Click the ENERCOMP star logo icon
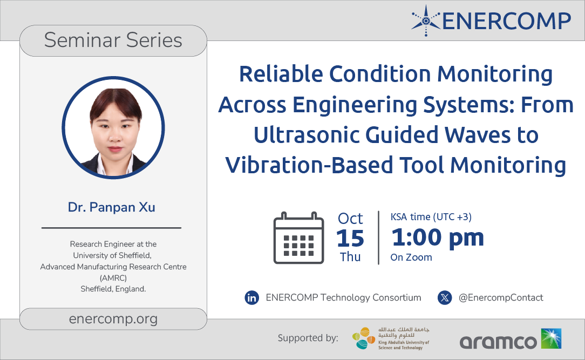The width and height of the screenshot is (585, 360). pos(426,21)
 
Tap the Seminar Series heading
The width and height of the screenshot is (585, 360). pos(113,40)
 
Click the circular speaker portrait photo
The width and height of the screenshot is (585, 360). pos(113,127)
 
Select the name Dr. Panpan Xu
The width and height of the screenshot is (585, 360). pos(112,207)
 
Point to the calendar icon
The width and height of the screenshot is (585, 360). pos(298,238)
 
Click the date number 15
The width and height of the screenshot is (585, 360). pos(350,238)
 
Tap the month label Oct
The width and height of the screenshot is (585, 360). pos(350,218)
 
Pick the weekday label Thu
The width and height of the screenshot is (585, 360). pos(350,257)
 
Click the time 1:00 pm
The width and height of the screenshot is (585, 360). pos(438,238)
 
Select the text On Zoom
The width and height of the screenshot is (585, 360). pos(411,257)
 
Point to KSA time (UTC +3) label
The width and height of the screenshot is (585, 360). pos(431,217)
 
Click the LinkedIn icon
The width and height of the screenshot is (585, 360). pos(252,298)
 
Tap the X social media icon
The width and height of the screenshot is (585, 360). pos(445,298)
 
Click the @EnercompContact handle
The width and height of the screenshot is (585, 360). pos(501,298)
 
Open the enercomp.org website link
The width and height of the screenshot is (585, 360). pos(113,319)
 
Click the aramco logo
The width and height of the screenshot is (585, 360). pos(511,339)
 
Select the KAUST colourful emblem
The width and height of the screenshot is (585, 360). pos(364,338)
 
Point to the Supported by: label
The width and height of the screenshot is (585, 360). pos(308,338)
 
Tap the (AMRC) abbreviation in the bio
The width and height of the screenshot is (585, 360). pos(113,278)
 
